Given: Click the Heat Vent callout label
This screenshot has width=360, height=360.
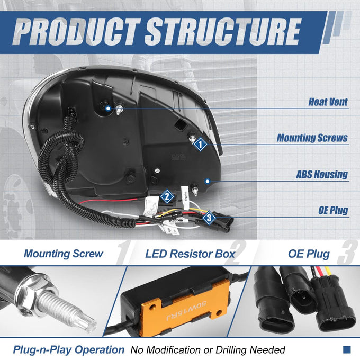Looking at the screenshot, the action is coord(328,102).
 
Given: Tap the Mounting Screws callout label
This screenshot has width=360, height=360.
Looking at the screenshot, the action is coord(312,138).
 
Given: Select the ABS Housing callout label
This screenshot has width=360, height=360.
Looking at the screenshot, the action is coord(322,174).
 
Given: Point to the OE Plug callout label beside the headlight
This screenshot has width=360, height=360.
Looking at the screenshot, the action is coord(333,210).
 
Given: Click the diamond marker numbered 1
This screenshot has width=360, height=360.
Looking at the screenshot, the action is coord(200,144).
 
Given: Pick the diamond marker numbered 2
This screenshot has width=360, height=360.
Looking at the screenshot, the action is coord(167,196).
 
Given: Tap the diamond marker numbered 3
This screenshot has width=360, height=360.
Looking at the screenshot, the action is coord(209,218).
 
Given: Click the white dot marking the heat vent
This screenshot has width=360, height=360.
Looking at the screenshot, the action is coord(108,108).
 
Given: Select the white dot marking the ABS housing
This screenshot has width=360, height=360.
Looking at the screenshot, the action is coord(208,181).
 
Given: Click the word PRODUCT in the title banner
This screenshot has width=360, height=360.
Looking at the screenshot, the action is coord(77,31).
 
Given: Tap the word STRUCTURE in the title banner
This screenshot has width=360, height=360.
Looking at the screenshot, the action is coord(223,31).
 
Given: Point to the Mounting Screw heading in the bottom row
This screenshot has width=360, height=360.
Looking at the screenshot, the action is coord(64,254).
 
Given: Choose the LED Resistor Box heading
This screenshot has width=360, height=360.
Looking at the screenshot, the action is coord(190,254).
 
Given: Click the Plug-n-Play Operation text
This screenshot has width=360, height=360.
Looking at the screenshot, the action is coord(68,349).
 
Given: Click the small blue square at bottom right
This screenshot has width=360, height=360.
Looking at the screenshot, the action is coord(347,349).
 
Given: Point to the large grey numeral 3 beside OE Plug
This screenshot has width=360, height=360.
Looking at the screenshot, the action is coord(348,253).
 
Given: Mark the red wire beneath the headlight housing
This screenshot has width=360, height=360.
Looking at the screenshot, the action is coord(108,201).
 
